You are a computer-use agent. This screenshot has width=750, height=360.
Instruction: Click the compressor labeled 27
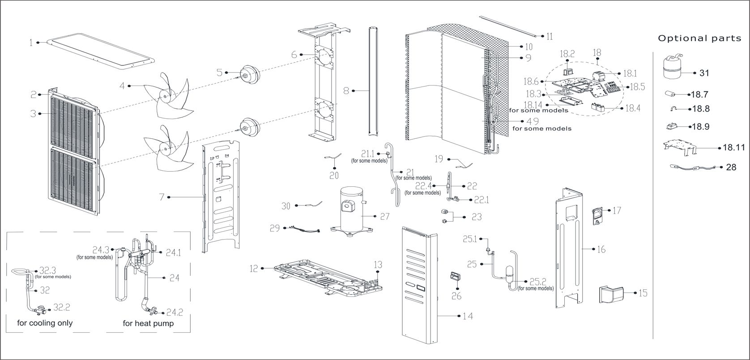click(x=351, y=208)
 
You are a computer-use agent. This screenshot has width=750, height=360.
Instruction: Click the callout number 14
click(x=468, y=317)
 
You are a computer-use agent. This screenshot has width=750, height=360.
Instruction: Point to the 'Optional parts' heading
click(x=699, y=39)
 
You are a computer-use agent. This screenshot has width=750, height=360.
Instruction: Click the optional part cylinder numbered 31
click(x=671, y=67)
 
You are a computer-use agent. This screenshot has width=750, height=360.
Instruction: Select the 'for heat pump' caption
click(x=148, y=323)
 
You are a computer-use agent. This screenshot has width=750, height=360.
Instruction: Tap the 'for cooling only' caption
click(x=45, y=323)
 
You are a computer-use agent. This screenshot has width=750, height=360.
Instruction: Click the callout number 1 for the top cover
click(x=31, y=43)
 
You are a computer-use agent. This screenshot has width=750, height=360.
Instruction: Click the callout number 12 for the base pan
click(x=254, y=269)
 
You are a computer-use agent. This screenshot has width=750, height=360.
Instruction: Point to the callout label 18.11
click(x=734, y=147)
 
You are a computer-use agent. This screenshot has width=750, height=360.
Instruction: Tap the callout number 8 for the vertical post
click(x=346, y=91)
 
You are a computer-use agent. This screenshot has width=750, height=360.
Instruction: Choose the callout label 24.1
click(x=174, y=253)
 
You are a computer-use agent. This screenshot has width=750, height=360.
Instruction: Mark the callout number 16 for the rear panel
click(x=601, y=249)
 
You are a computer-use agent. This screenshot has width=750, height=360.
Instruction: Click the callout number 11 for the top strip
click(x=549, y=36)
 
